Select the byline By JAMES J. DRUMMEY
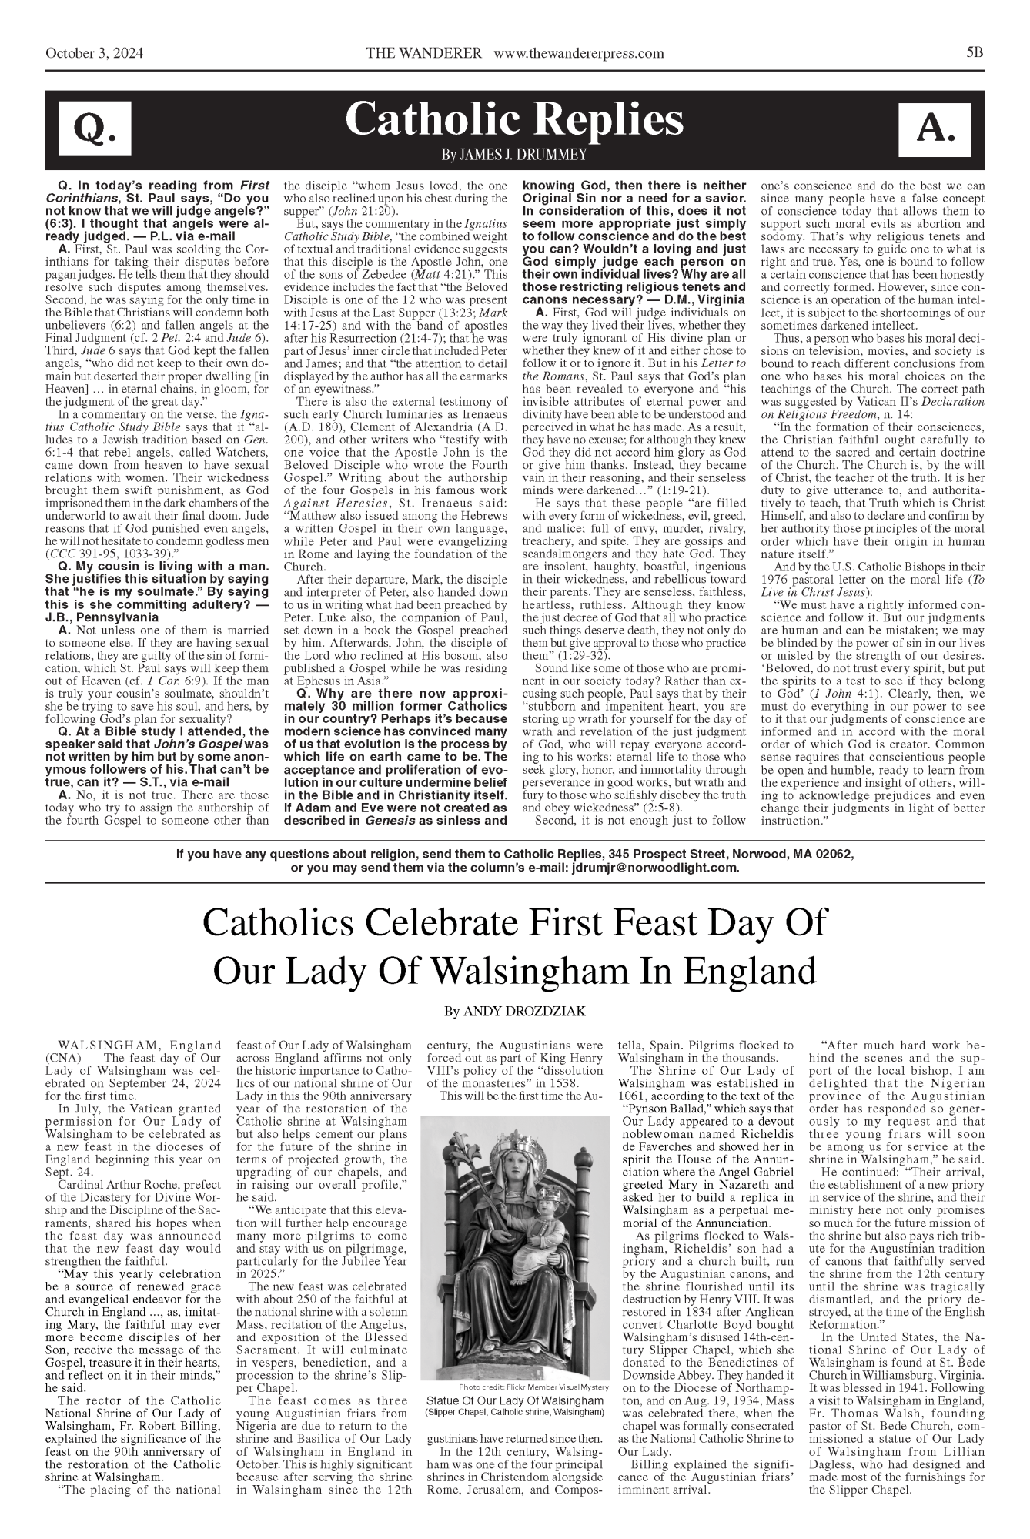pyautogui.click(x=514, y=156)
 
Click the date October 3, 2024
pyautogui.click(x=95, y=53)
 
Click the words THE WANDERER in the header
pyautogui.click(x=424, y=53)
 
